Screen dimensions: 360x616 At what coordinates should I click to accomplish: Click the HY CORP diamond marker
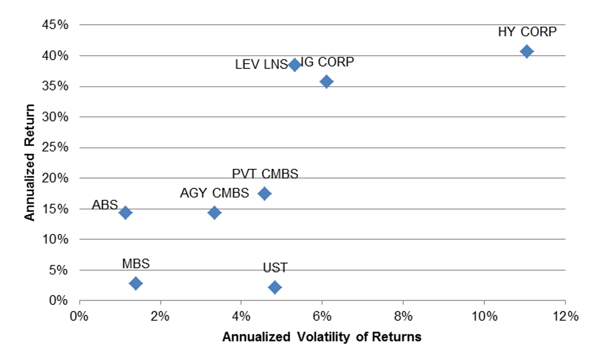[x=527, y=51]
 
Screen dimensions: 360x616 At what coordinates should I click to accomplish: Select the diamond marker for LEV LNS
[x=294, y=65]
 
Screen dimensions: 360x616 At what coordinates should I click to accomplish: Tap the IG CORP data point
[x=326, y=81]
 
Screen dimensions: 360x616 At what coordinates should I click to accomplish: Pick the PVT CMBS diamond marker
[x=265, y=193]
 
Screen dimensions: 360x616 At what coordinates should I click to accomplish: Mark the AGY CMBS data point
[x=214, y=213]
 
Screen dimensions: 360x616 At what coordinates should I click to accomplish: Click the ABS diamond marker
[x=125, y=213]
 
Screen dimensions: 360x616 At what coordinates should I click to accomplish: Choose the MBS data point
[x=135, y=283]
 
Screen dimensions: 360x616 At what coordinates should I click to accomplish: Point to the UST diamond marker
[x=274, y=287]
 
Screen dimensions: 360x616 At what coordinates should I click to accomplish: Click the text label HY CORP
[x=527, y=32]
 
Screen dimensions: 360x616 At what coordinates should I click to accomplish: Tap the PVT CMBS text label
[x=265, y=174]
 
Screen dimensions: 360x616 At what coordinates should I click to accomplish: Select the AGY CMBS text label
[x=214, y=193]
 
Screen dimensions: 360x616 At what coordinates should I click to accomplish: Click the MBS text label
[x=135, y=264]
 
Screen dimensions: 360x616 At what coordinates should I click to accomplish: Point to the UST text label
[x=275, y=268]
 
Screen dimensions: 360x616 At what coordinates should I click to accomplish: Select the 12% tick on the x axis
[x=565, y=315]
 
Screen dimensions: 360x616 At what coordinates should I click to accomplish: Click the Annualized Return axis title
[x=30, y=163]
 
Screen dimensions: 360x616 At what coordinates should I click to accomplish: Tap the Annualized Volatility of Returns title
[x=322, y=337]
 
